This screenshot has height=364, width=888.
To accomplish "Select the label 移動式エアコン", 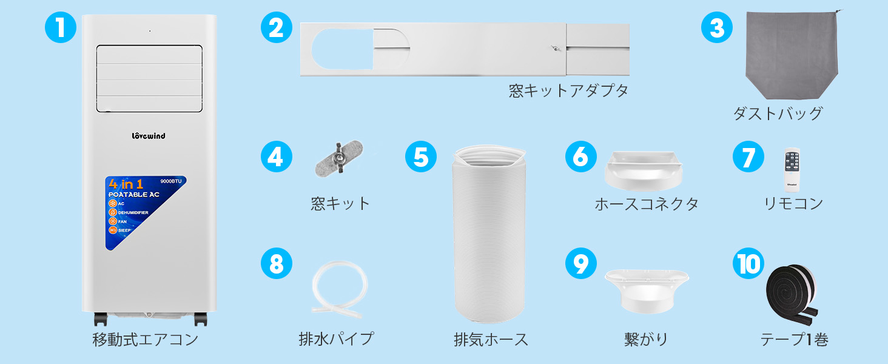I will (145, 339).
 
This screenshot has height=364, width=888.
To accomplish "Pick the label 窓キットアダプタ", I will (568, 91).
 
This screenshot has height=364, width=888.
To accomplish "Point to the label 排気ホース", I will (491, 339).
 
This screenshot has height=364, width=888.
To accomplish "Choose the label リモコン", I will (793, 203).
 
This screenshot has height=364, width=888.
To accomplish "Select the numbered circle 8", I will (276, 264).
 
